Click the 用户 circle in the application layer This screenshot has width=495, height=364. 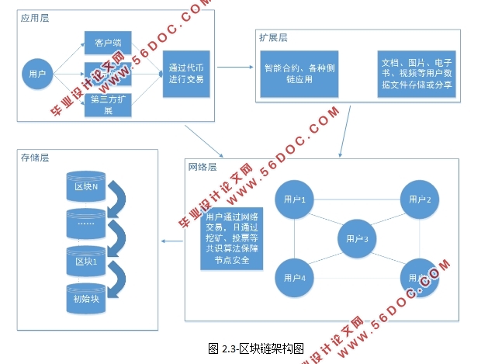tap(36, 75)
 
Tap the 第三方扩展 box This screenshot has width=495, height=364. tap(107, 105)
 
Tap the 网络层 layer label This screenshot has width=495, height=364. tap(202, 167)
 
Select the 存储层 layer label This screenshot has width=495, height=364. tap(34, 158)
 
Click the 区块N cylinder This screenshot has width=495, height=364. tap(85, 186)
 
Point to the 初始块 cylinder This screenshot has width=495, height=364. tap(85, 297)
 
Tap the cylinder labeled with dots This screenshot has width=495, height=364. tap(85, 224)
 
